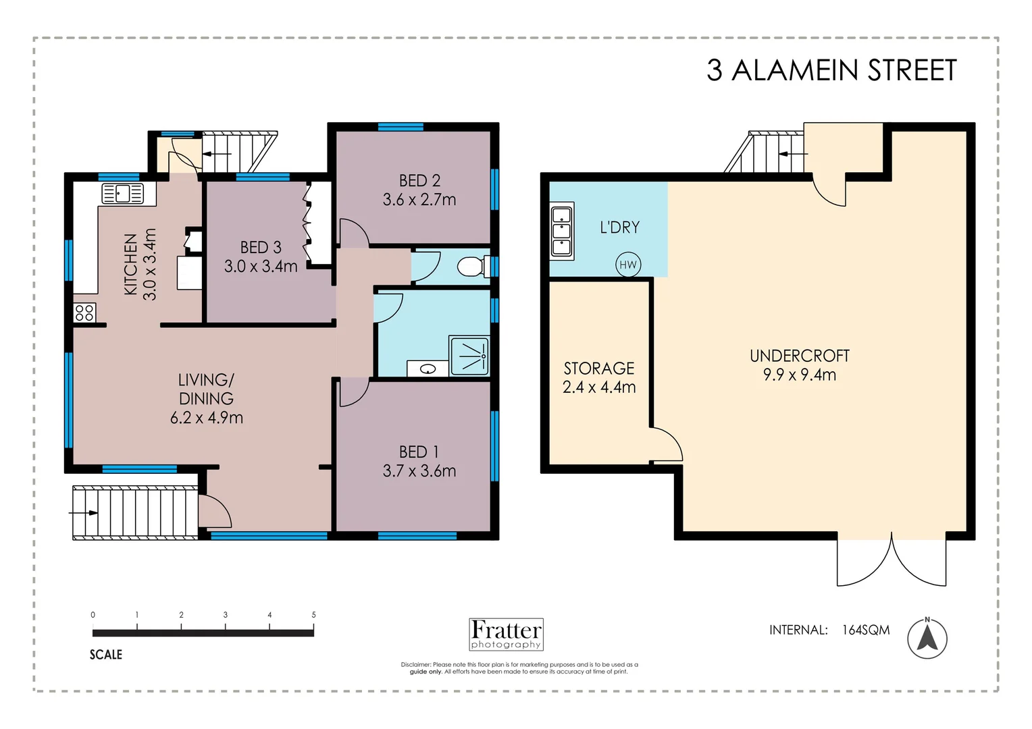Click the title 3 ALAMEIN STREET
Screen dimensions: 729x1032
pyautogui.click(x=831, y=70)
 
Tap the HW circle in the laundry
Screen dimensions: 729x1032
pyautogui.click(x=627, y=265)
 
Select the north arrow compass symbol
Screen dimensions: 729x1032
pyautogui.click(x=927, y=638)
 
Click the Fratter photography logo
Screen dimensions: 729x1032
pyautogui.click(x=506, y=634)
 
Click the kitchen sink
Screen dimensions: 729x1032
pyautogui.click(x=122, y=194)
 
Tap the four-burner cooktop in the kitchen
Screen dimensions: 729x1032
pyautogui.click(x=84, y=313)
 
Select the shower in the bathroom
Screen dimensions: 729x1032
pyautogui.click(x=469, y=356)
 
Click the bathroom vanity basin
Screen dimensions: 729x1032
pyautogui.click(x=427, y=369)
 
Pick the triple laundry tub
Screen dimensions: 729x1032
pyautogui.click(x=562, y=231)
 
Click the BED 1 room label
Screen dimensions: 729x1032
pyautogui.click(x=419, y=452)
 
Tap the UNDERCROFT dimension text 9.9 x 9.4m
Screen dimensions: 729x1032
pyautogui.click(x=799, y=375)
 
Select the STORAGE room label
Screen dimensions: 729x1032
pyautogui.click(x=599, y=369)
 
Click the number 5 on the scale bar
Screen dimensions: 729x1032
pyautogui.click(x=313, y=615)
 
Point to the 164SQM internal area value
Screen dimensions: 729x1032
pyautogui.click(x=865, y=630)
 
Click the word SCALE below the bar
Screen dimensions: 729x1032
pyautogui.click(x=106, y=654)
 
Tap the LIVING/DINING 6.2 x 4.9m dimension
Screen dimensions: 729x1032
pyautogui.click(x=206, y=418)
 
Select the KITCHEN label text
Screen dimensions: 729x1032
pyautogui.click(x=130, y=264)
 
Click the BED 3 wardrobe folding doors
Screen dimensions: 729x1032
pyautogui.click(x=308, y=223)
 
